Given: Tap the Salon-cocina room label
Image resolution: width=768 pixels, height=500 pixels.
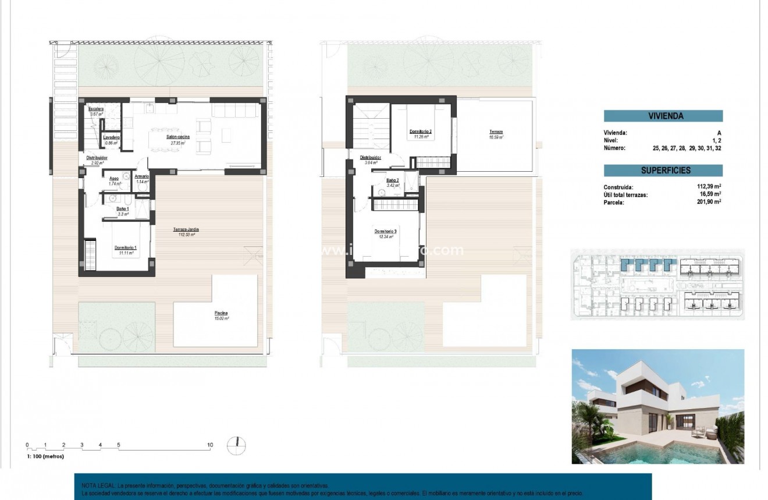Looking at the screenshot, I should click(x=176, y=137).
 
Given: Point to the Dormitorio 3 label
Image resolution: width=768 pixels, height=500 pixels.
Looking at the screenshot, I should click(x=385, y=231).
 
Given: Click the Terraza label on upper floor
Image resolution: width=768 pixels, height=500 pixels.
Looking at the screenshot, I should click(x=496, y=133).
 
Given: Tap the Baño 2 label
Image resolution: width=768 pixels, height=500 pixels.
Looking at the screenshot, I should click(x=393, y=180).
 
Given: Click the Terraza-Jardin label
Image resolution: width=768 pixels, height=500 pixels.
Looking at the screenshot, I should click(x=186, y=229).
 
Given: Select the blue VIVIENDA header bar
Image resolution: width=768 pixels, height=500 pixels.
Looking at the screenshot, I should click(x=663, y=116).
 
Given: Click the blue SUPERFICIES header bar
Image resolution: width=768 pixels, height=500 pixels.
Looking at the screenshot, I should click(x=663, y=171).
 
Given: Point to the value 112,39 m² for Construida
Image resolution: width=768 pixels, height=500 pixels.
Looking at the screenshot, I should click(x=709, y=187).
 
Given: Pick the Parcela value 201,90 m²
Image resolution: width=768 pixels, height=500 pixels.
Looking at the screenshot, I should click(x=709, y=202).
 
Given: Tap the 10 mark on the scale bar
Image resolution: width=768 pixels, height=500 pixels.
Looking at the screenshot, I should click(x=210, y=445).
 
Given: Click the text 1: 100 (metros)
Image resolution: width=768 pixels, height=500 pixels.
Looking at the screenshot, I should click(x=45, y=456).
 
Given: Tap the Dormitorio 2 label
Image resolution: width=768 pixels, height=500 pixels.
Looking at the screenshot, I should click(x=420, y=132).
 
